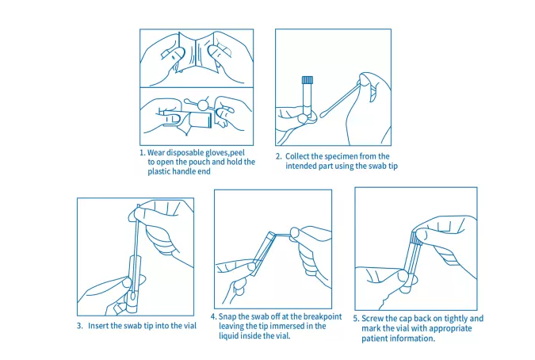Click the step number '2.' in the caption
pos(279,156)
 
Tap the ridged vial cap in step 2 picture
pos(308,80)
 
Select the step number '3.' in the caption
pos(80,326)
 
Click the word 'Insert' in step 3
pos(98,326)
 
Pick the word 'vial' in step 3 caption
pos(189,326)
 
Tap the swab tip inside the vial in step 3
pos(132,295)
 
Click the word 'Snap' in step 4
pos(227,316)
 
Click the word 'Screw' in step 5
pos(373,318)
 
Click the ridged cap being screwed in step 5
pos(416,237)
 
